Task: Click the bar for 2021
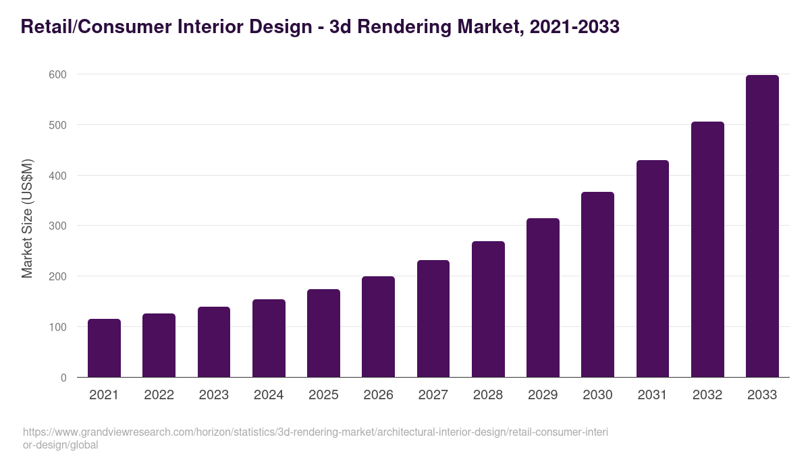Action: (x=104, y=348)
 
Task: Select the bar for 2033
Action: (x=762, y=226)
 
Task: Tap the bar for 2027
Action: (x=433, y=319)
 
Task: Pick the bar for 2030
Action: (x=597, y=284)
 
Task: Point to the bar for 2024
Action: (x=269, y=338)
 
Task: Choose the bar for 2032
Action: (x=707, y=249)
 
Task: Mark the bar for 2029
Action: (x=543, y=298)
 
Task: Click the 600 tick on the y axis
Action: (x=58, y=74)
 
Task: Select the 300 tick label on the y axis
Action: (x=58, y=226)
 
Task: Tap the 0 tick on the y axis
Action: (x=63, y=378)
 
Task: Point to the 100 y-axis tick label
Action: (x=58, y=327)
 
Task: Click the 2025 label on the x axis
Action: (x=323, y=395)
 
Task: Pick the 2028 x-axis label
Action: (x=488, y=395)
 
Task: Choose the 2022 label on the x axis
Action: (x=159, y=395)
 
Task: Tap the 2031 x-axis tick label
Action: (x=653, y=395)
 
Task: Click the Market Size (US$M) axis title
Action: (x=27, y=218)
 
